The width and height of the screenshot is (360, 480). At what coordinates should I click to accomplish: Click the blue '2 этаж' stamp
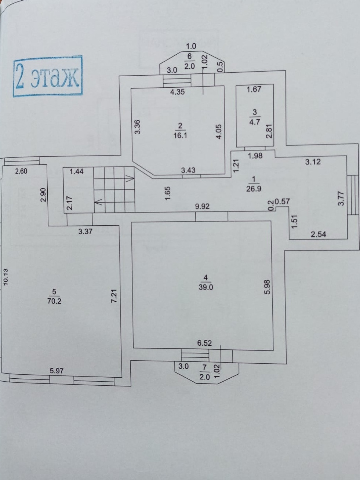coord(48,76)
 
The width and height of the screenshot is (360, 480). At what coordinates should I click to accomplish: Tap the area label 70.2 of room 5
coord(54,301)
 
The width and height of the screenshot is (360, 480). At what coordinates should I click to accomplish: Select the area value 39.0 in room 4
coord(206,287)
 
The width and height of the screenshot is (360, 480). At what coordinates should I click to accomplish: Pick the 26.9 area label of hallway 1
coord(254,189)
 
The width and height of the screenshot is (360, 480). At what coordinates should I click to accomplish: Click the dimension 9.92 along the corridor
coord(202,207)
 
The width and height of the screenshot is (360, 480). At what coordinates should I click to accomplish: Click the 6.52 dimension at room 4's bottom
coord(204,343)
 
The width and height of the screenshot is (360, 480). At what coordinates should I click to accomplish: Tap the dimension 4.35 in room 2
coord(177,92)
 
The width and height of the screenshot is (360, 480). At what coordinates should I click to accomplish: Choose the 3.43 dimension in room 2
coord(188,170)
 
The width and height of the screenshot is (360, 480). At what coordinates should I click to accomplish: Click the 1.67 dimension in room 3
coord(254,89)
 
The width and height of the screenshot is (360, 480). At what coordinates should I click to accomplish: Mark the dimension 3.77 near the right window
coord(341,197)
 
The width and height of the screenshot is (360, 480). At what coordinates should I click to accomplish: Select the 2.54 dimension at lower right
coord(318,234)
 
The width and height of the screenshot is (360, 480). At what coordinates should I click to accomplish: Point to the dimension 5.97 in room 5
coord(57,371)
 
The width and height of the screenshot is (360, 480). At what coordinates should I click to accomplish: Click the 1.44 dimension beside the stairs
coord(76,171)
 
